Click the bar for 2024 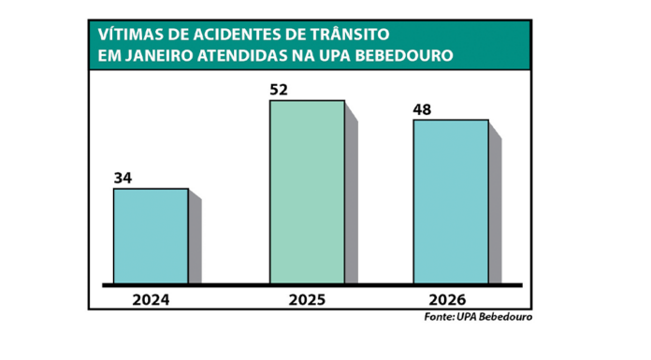point(151,236)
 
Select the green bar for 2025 point(307,192)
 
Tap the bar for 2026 point(451,201)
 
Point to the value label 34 point(123,178)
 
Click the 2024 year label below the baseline point(151,300)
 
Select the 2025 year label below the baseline point(307,300)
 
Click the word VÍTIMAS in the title point(128,35)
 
